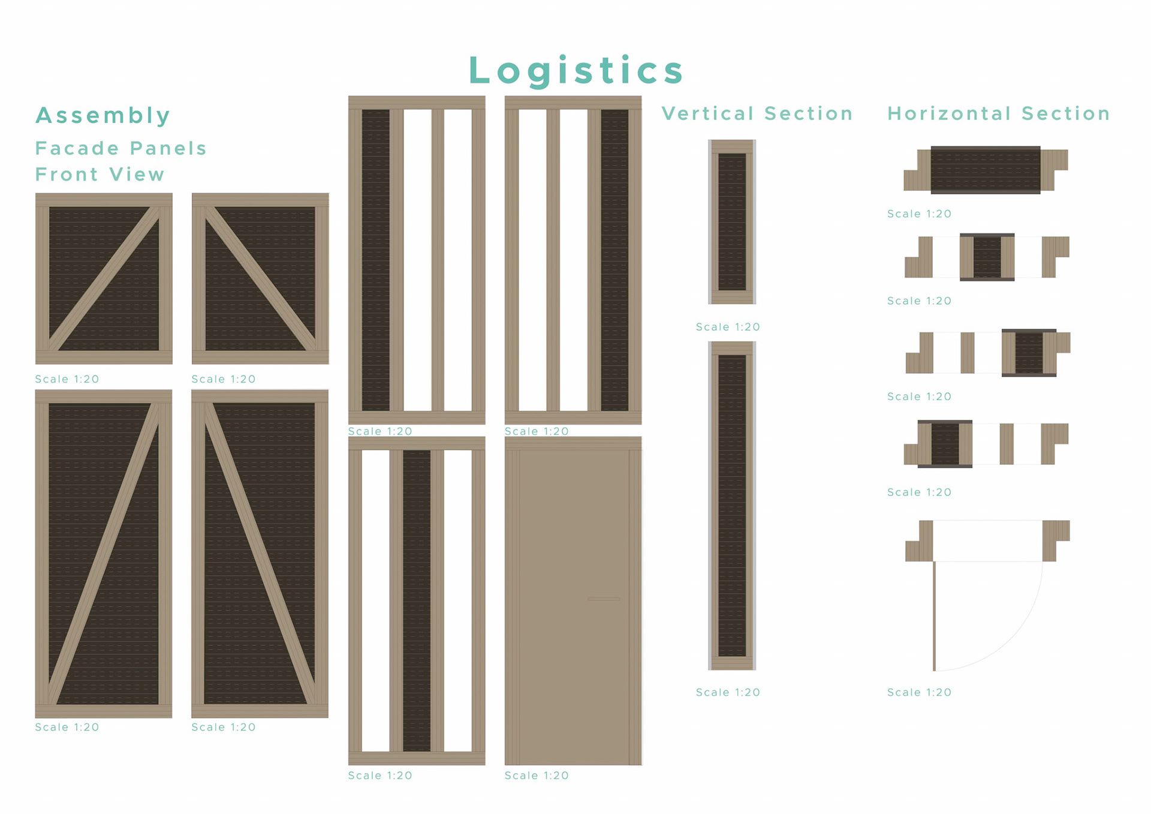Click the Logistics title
(575, 70)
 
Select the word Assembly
(103, 115)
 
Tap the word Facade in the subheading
(77, 148)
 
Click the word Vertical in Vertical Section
(707, 113)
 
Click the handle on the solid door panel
(604, 599)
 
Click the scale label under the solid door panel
(537, 776)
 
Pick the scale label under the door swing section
(919, 692)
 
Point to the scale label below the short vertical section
(728, 327)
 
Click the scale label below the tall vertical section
(728, 692)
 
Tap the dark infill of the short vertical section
(732, 222)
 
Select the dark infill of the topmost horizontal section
(985, 170)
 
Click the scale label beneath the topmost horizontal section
(919, 214)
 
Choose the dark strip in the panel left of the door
(417, 600)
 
